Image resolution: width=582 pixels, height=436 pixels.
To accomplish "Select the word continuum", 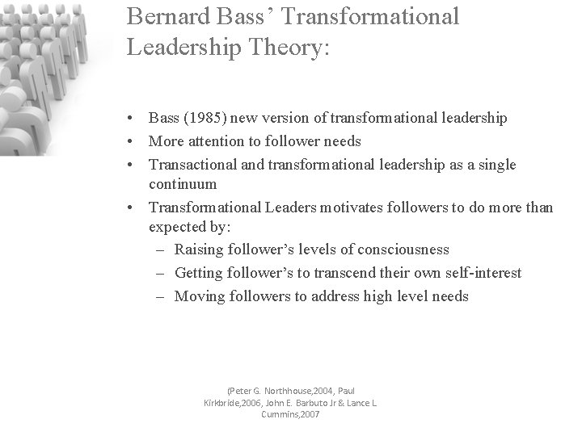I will pyautogui.click(x=183, y=184).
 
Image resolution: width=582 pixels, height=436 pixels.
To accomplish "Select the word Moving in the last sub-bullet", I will pyautogui.click(x=200, y=296).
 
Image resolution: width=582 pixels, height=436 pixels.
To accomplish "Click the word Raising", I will pyautogui.click(x=200, y=249).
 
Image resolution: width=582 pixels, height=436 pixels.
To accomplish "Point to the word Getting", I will pyautogui.click(x=200, y=273).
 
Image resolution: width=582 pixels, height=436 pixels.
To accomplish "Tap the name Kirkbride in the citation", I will pyautogui.click(x=226, y=402).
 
